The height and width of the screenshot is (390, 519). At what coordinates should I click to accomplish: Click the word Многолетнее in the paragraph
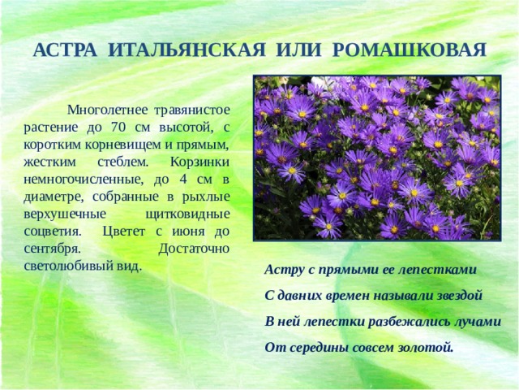[108, 108]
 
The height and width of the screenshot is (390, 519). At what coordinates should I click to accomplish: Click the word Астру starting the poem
[283, 269]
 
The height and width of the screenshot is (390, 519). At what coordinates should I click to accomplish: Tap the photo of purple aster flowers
[376, 158]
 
